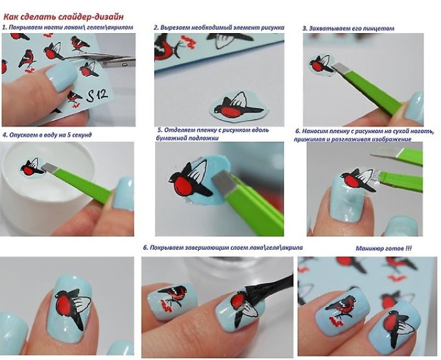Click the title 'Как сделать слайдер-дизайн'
tap(64, 17)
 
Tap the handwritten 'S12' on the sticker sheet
tap(97, 95)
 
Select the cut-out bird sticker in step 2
tap(238, 106)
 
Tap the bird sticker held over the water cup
tap(32, 167)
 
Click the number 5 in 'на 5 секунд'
tap(69, 135)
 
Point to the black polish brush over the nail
tap(270, 288)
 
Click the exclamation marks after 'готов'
tap(409, 248)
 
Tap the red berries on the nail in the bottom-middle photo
tap(167, 306)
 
